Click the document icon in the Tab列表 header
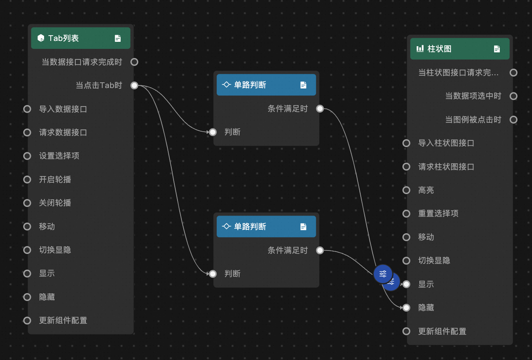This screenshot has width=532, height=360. [x=118, y=38]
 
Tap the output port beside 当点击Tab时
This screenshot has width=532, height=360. [x=134, y=85]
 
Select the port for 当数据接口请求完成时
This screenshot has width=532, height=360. [x=134, y=62]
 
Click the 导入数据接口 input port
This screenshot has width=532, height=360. [x=27, y=109]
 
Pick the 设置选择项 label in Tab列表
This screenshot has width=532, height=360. [x=59, y=156]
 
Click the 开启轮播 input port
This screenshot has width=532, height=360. [x=27, y=180]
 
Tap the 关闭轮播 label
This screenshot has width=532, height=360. [x=55, y=203]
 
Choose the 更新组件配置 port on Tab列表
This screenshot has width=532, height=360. [x=27, y=320]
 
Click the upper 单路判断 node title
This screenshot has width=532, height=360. [x=250, y=85]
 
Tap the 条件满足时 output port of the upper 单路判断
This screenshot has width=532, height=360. [x=320, y=109]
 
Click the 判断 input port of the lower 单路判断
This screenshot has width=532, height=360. [x=213, y=274]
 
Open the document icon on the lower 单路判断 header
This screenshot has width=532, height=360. [x=303, y=227]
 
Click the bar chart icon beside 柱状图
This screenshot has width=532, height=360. [x=420, y=48]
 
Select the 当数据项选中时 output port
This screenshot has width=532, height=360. [x=514, y=96]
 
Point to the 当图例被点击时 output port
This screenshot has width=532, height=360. [x=514, y=120]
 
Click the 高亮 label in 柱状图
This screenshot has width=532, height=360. [x=426, y=190]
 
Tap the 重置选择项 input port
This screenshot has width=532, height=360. [x=406, y=213]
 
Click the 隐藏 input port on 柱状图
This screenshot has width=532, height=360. [x=406, y=308]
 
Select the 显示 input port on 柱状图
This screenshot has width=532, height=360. [x=406, y=284]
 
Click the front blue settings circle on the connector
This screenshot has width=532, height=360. [x=383, y=274]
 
